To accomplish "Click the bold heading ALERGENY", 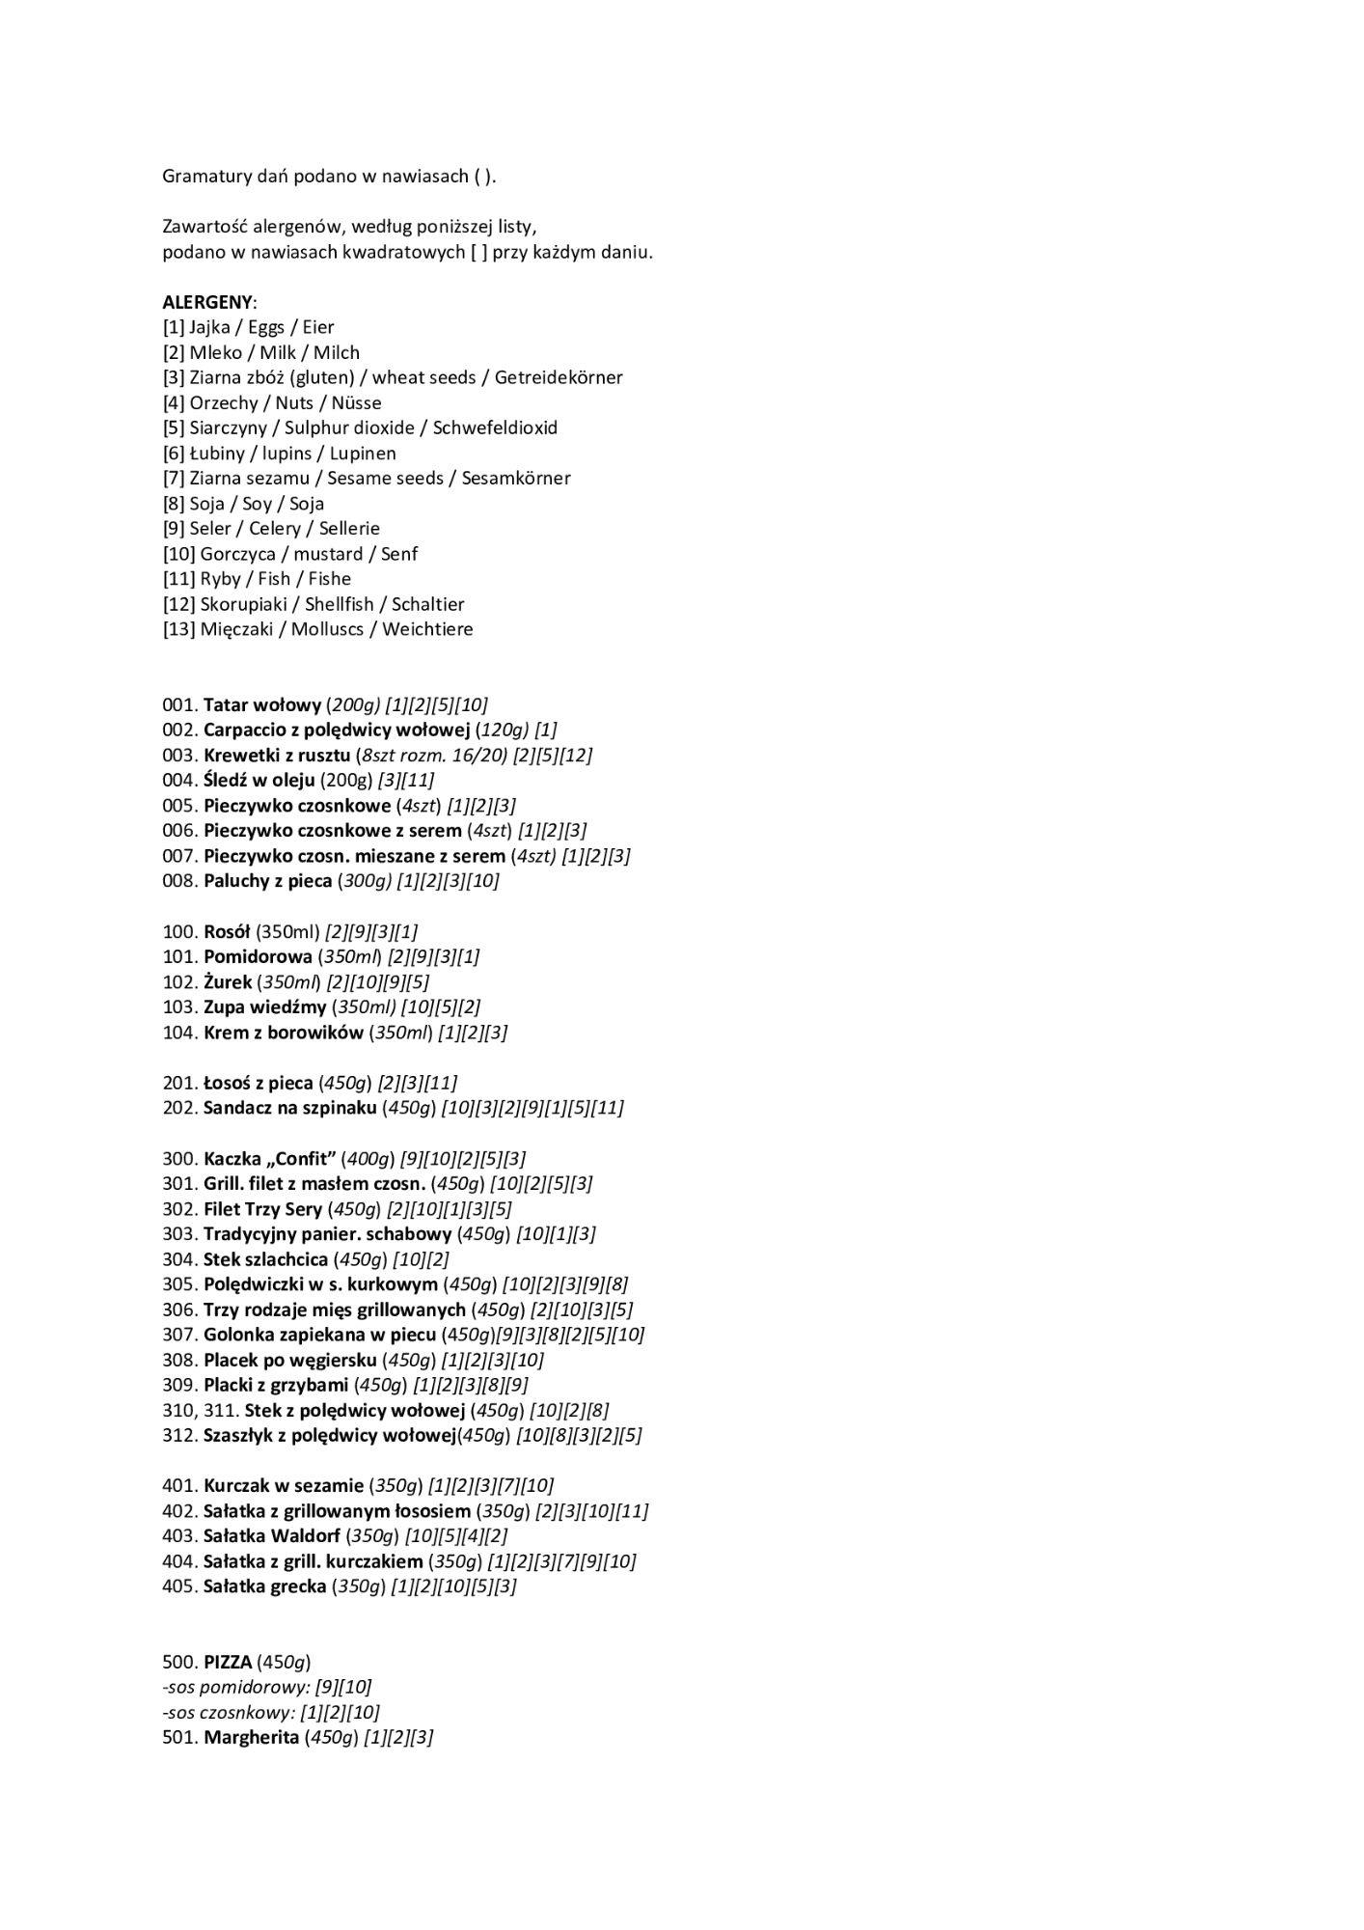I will tap(208, 302).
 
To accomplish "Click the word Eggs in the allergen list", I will tap(266, 327).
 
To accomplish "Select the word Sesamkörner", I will tap(516, 478).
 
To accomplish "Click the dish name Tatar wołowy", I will tap(262, 704).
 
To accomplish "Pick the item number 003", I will tap(179, 755).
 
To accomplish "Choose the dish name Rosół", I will tap(227, 931).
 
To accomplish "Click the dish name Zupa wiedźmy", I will tap(265, 1006).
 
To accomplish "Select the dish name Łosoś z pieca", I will tap(259, 1083).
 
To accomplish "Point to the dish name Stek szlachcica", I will tap(265, 1258).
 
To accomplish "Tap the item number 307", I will tap(179, 1335).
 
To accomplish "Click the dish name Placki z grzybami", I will tap(276, 1385).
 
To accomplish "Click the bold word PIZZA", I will tap(228, 1662).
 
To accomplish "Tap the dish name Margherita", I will tap(251, 1737).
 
